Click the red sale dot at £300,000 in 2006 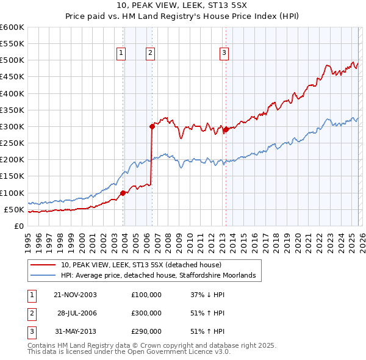coord(152,127)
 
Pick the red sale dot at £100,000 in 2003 coord(123,193)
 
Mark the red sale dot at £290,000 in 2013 coord(226,130)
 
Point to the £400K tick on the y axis coord(12,94)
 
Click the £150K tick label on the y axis coord(12,176)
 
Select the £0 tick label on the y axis coord(18,226)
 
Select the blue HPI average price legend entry coord(162,276)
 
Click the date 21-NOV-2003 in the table coord(75,295)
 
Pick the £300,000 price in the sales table coord(146,313)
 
